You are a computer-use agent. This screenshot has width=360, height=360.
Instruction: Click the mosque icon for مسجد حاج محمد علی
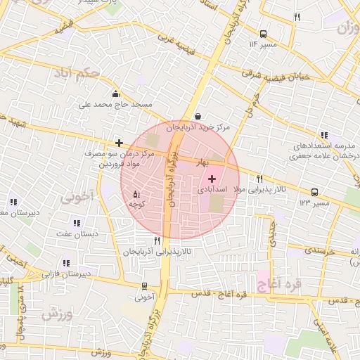[115, 94]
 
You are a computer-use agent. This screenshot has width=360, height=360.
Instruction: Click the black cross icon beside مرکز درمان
[120, 143]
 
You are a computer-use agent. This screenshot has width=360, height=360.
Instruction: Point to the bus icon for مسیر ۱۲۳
[314, 191]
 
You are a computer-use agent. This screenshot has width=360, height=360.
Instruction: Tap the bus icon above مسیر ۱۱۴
[264, 34]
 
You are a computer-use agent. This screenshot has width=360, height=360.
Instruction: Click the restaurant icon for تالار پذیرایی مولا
[260, 179]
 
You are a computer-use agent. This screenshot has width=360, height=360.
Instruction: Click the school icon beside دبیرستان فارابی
[66, 263]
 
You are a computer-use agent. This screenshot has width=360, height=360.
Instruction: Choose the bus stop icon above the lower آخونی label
[145, 286]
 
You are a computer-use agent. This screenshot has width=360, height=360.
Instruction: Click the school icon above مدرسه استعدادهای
[324, 135]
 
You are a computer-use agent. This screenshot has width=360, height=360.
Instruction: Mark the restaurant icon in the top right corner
[297, 18]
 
